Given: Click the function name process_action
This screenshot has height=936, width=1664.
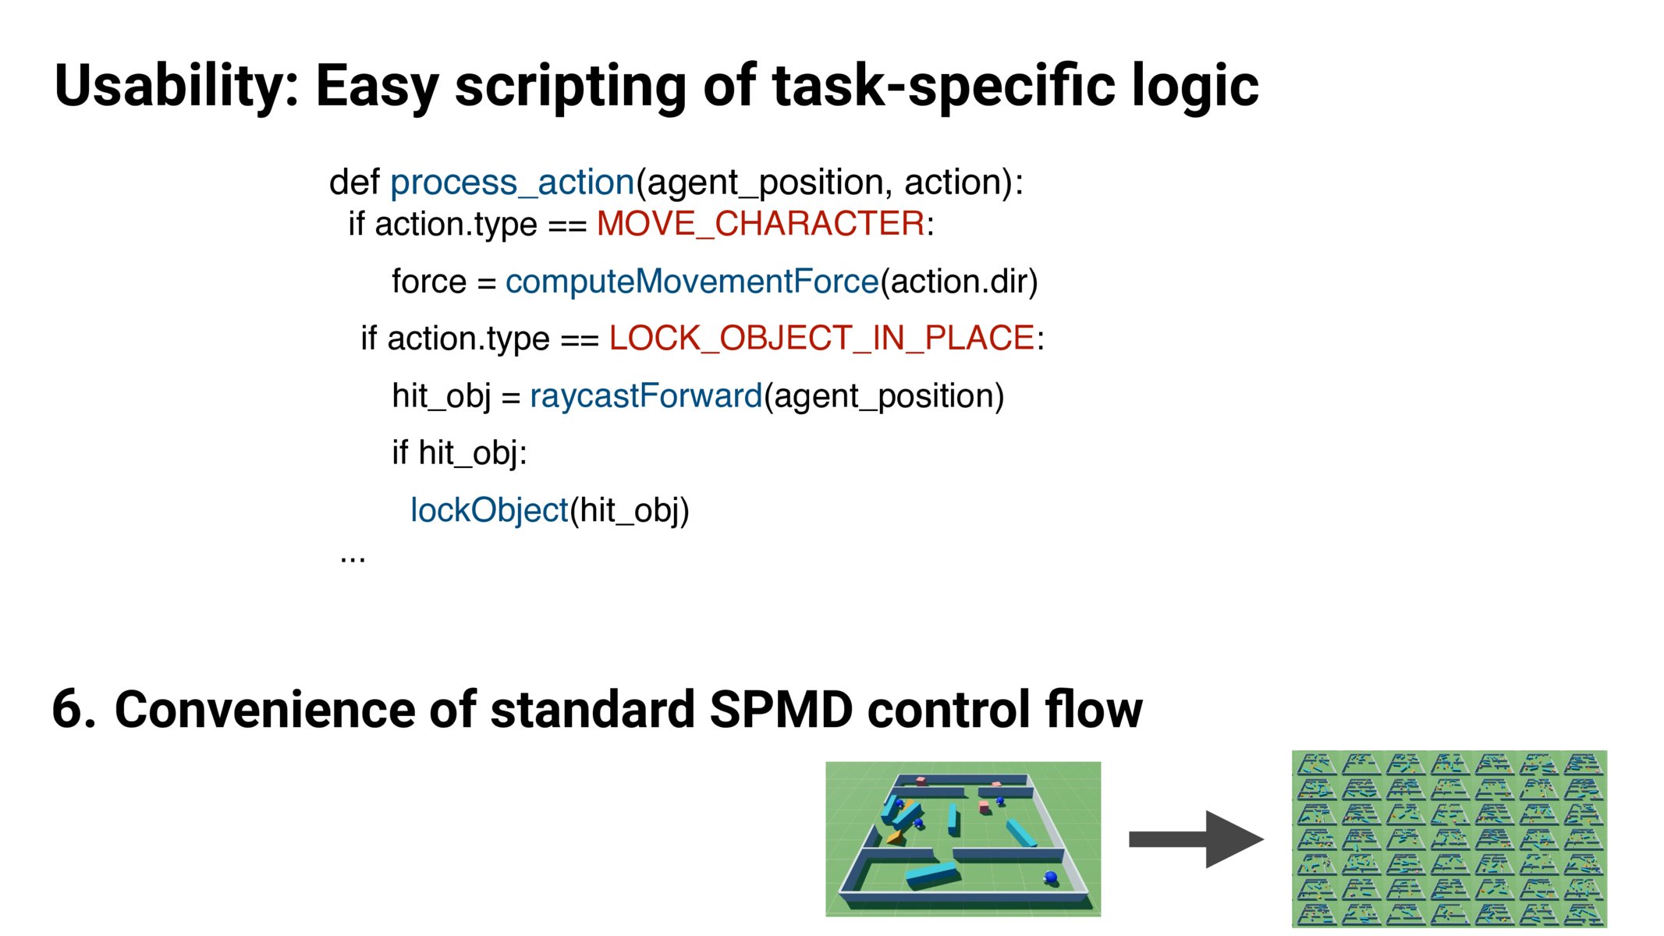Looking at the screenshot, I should [512, 183].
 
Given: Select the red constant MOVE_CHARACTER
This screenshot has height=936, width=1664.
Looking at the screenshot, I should [761, 224].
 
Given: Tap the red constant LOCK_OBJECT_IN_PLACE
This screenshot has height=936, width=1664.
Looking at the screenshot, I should [821, 339].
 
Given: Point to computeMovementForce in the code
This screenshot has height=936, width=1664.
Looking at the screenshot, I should [691, 282].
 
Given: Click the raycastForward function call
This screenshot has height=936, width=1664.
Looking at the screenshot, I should [645, 396].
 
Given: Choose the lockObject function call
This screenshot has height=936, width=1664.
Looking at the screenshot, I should [489, 511].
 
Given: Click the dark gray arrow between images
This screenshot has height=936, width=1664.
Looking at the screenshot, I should [1195, 839].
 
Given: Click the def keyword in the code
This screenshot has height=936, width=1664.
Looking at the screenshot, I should [354, 183].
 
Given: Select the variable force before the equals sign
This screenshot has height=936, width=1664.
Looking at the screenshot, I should [428, 282].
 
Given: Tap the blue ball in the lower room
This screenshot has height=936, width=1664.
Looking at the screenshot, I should [1051, 877].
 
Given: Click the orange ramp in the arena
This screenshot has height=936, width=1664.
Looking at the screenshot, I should [895, 838].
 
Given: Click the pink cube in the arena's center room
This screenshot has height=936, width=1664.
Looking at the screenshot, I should [985, 807].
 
